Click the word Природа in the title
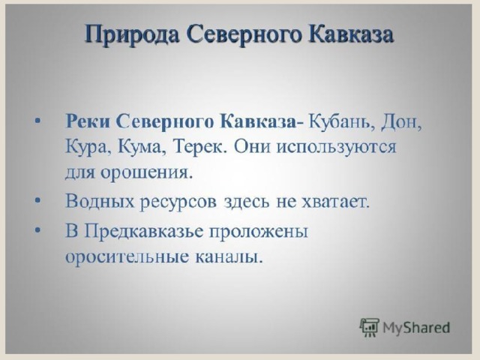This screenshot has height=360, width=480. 132,35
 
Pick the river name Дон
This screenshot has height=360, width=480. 401,122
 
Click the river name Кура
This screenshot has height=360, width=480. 84,148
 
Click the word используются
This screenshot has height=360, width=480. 337,148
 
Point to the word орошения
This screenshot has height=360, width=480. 147,173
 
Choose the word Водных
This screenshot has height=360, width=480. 100,202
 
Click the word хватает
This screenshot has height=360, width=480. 336,202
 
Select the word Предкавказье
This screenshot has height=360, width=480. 143,231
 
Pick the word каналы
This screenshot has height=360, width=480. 229,256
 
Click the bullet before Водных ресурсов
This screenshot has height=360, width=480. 37,200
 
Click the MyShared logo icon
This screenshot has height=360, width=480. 369,327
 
